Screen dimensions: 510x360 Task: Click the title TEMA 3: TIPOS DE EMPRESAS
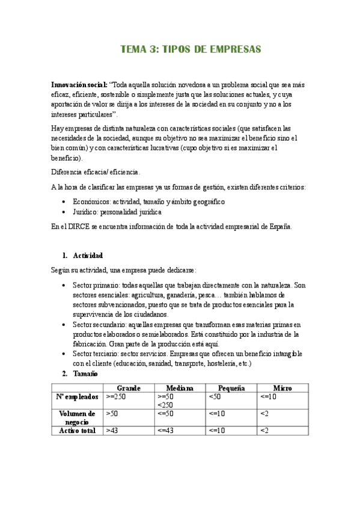click(191, 50)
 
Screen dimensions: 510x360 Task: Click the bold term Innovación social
click(79, 85)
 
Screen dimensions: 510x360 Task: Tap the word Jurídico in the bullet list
click(87, 212)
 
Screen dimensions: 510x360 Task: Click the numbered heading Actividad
click(87, 256)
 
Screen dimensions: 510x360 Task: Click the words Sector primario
click(95, 285)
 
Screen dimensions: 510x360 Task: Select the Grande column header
click(129, 388)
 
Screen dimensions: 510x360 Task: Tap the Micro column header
click(282, 388)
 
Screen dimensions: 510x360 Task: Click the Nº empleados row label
click(78, 397)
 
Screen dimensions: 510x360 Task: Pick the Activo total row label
click(78, 431)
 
